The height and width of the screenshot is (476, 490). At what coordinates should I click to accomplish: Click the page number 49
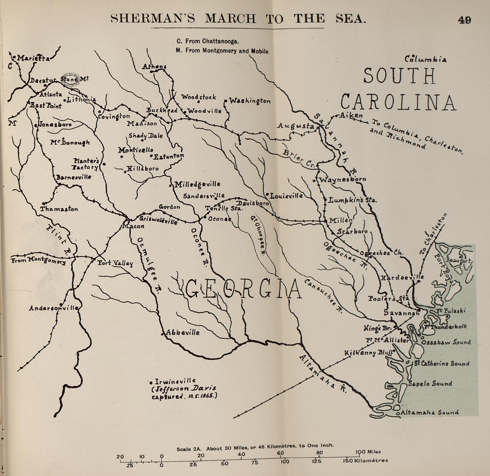pyautogui.click(x=464, y=20)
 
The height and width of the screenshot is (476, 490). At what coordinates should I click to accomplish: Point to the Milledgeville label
pyautogui.click(x=197, y=184)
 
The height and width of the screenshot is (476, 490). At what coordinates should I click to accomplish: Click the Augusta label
pyautogui.click(x=296, y=126)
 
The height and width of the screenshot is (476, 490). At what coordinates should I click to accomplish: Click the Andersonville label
pyautogui.click(x=54, y=308)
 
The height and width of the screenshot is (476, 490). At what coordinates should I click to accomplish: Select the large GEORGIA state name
pyautogui.click(x=243, y=288)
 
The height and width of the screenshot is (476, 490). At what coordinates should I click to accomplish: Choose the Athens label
pyautogui.click(x=154, y=67)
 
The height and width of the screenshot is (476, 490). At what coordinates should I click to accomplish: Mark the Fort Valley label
pyautogui.click(x=115, y=263)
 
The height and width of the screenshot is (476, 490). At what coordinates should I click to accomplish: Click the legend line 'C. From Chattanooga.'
pyautogui.click(x=208, y=41)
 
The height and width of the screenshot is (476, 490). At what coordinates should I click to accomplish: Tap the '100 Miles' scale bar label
pyautogui.click(x=368, y=451)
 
